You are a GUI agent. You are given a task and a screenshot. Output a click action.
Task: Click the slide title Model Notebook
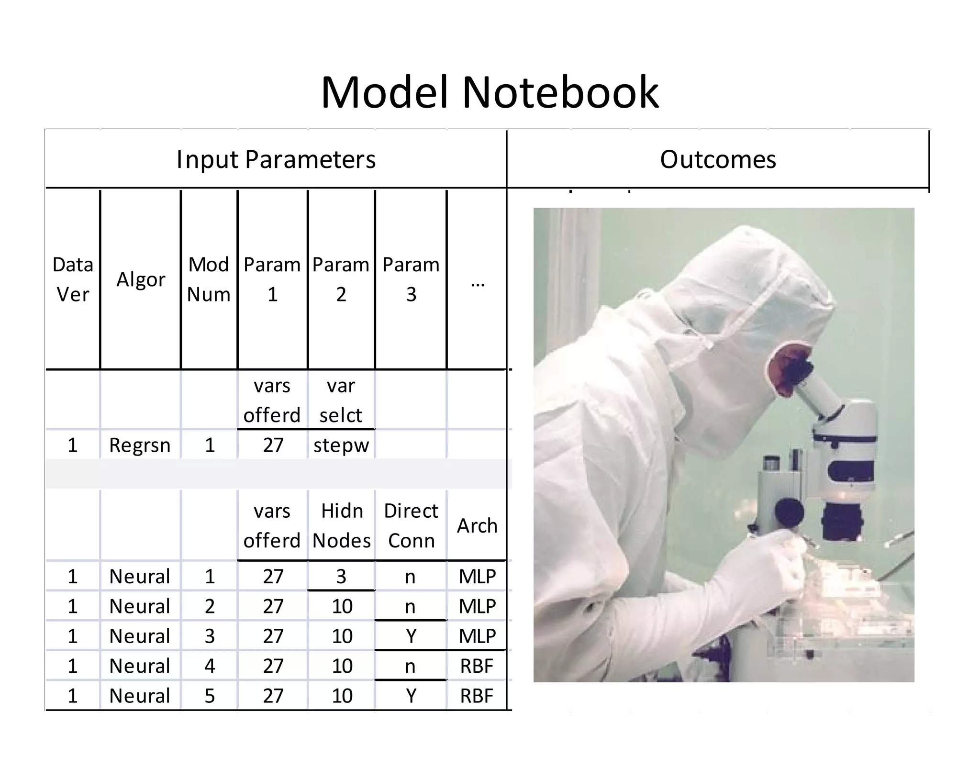pyautogui.click(x=490, y=92)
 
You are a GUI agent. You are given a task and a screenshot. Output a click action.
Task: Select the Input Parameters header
pyautogui.click(x=276, y=159)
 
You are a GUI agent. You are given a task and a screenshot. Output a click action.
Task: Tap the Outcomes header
pyautogui.click(x=718, y=159)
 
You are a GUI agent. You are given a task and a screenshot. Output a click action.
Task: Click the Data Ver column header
pyautogui.click(x=73, y=279)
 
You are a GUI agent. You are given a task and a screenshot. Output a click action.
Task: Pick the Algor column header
pyautogui.click(x=141, y=279)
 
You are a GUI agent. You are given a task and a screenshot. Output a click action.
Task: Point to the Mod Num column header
pyautogui.click(x=209, y=279)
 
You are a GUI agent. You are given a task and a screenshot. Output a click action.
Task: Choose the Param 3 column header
pyautogui.click(x=411, y=279)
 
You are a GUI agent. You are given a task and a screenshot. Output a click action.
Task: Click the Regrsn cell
pyautogui.click(x=140, y=445)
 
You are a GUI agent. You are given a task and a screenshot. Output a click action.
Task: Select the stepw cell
pyautogui.click(x=341, y=445)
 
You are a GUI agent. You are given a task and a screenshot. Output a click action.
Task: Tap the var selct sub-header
pyautogui.click(x=341, y=400)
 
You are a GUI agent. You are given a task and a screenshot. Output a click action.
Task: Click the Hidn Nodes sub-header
pyautogui.click(x=342, y=525)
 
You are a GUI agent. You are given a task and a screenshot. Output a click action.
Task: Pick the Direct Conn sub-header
pyautogui.click(x=411, y=525)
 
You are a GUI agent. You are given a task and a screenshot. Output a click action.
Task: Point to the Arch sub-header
pyautogui.click(x=477, y=525)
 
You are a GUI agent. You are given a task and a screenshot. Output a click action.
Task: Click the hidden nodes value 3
pyautogui.click(x=341, y=576)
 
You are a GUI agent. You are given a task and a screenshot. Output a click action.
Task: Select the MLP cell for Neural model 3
pyautogui.click(x=477, y=636)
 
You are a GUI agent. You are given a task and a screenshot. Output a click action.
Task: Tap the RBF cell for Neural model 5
pyautogui.click(x=477, y=696)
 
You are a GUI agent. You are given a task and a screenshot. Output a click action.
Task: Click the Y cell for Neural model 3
pyautogui.click(x=411, y=636)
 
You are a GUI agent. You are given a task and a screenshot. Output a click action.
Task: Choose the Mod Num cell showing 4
pyautogui.click(x=210, y=666)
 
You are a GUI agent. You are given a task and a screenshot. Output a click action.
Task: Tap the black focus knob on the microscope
pyautogui.click(x=789, y=512)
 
